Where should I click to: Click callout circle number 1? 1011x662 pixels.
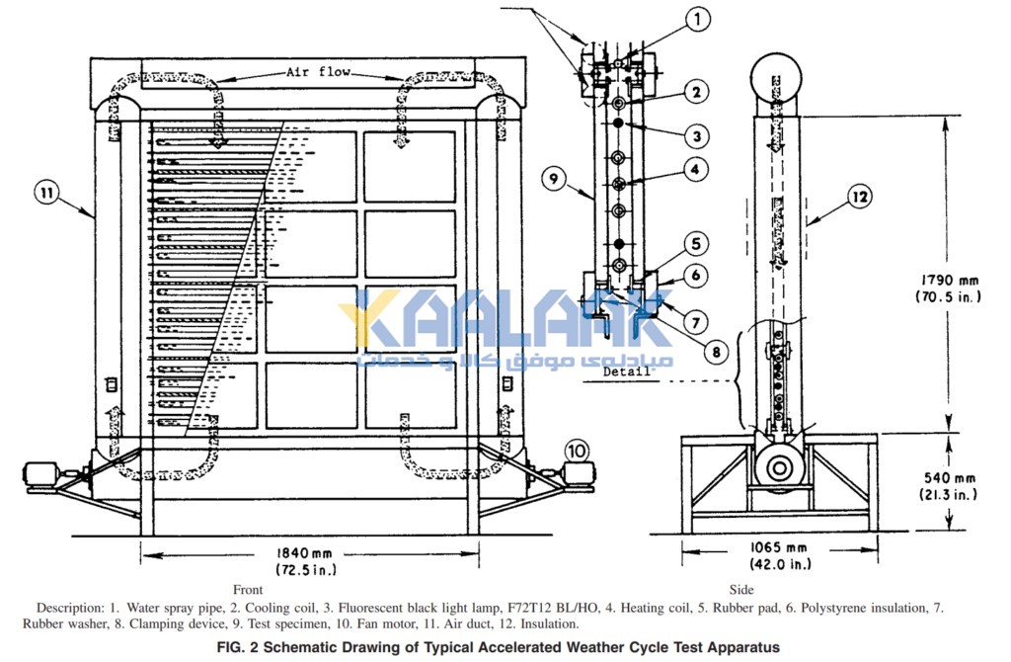697,19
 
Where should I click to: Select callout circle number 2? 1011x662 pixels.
696,92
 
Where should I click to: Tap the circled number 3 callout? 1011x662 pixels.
696,136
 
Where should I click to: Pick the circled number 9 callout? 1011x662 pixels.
554,178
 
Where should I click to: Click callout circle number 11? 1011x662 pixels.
47,193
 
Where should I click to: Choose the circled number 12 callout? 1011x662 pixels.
860,197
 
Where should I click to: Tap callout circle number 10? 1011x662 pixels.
577,451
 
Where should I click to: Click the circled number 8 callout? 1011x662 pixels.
716,352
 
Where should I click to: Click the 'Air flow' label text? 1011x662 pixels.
318,71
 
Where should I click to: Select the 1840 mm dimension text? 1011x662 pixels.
305,553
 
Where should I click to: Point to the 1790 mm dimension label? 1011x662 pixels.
949,280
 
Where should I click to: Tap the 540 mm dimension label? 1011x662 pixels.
949,478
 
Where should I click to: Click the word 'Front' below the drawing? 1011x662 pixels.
248,589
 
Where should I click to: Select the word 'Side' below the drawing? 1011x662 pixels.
740,589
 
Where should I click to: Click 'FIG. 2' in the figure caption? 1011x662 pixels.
237,647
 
